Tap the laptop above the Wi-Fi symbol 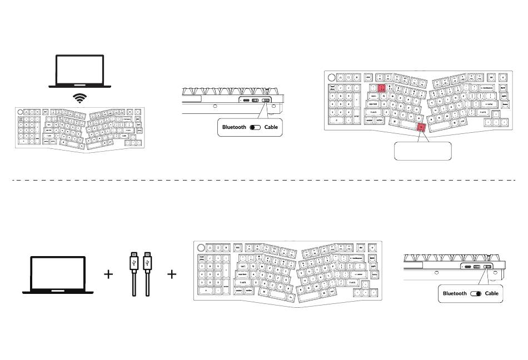tap(81, 71)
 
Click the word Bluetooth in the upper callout tap(234, 127)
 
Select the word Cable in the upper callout tap(271, 127)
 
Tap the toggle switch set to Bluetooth tap(256, 127)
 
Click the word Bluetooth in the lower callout tap(455, 293)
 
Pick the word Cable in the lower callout tap(491, 293)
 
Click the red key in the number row tap(382, 88)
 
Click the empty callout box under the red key tap(422, 151)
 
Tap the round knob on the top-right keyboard tap(332, 78)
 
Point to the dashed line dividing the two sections tap(264, 180)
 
